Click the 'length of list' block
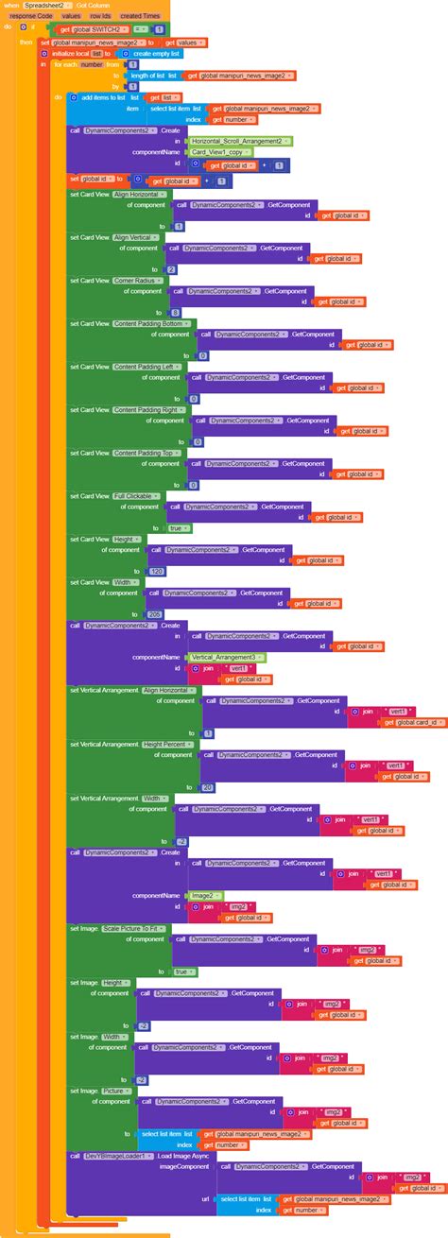click(x=146, y=76)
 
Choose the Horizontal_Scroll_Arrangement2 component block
click(x=240, y=141)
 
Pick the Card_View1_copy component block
click(x=221, y=152)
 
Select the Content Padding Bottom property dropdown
click(x=155, y=324)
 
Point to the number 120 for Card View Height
click(x=156, y=572)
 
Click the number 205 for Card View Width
click(x=156, y=614)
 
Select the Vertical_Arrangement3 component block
click(x=228, y=657)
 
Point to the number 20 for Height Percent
click(x=208, y=787)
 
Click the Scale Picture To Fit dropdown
click(x=135, y=929)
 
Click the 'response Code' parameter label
click(x=31, y=16)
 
